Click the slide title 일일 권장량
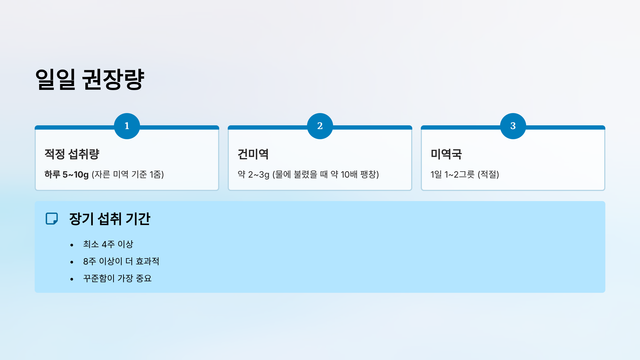[90, 79]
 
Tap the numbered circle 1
[127, 126]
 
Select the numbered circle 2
[320, 126]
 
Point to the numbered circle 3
[513, 126]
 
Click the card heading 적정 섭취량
[72, 154]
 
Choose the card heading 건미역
[253, 154]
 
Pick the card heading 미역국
[446, 154]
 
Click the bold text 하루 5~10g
[66, 174]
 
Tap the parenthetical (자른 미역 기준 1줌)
[128, 174]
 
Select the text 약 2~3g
[253, 174]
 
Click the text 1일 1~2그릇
[453, 174]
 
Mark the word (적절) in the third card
[488, 174]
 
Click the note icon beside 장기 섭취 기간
[52, 219]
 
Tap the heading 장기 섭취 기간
[110, 219]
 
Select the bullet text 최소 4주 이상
[108, 244]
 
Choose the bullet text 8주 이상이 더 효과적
[121, 261]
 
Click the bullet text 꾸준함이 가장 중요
[117, 278]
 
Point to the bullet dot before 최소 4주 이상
[72, 245]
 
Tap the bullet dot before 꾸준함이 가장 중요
[72, 279]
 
